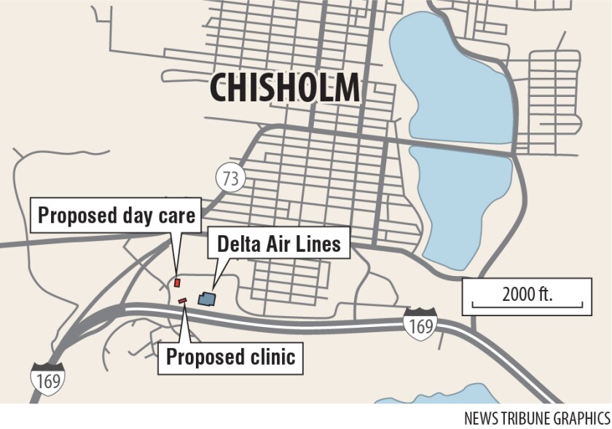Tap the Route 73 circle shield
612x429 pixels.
[x=231, y=177]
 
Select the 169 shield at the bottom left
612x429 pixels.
[x=47, y=379]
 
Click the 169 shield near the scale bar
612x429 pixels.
[x=420, y=324]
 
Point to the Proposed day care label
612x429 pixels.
[x=117, y=216]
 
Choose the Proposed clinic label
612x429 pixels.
[x=230, y=357]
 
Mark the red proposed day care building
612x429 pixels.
[x=176, y=282]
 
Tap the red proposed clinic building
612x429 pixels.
[x=183, y=300]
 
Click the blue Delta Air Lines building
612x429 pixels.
[x=208, y=298]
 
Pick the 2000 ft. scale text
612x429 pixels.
[x=527, y=294]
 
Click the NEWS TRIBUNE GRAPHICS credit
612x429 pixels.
[x=537, y=418]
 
